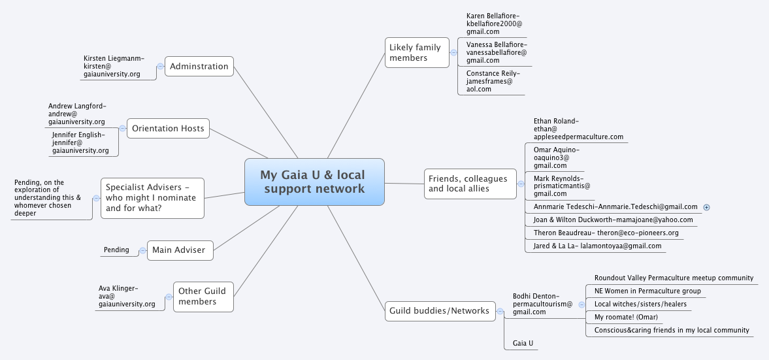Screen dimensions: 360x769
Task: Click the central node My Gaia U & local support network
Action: coord(314,182)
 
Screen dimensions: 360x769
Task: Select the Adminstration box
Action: coord(199,66)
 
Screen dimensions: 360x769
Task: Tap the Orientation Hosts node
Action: coord(168,128)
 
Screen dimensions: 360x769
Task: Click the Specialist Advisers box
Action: coord(152,198)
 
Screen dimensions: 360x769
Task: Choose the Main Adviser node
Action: coord(180,250)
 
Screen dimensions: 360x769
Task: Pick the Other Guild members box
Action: coord(203,297)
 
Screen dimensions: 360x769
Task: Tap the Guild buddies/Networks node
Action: coord(439,311)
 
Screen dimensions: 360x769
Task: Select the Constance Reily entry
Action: coord(493,82)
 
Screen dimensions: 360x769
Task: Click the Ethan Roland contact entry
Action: coord(577,129)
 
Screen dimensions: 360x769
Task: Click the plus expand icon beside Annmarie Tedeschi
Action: coord(707,207)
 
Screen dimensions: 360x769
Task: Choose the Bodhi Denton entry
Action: coord(542,304)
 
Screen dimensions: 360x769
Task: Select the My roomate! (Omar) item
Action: coord(626,317)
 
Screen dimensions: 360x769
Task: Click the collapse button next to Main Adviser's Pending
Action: coord(142,250)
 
